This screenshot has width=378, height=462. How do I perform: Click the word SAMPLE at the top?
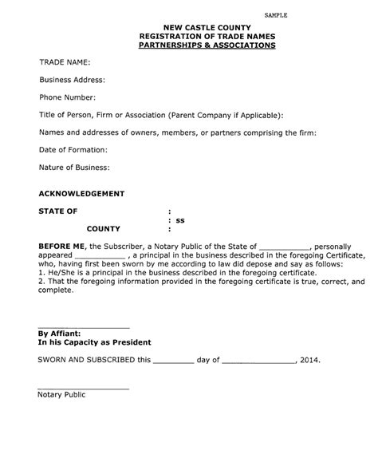(276, 15)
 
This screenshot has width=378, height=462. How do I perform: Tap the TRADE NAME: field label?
(65, 61)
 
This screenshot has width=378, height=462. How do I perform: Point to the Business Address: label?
(72, 80)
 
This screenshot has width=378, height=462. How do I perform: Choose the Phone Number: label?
(68, 97)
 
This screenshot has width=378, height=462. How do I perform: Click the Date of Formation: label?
(73, 150)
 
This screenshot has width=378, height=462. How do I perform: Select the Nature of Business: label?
(74, 168)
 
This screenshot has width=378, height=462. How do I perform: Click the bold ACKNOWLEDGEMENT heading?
(81, 194)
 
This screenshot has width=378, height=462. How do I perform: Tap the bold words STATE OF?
(58, 211)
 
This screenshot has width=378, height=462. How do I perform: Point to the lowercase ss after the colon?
(180, 219)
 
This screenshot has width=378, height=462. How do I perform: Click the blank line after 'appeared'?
(104, 258)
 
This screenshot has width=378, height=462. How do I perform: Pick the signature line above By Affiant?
(84, 328)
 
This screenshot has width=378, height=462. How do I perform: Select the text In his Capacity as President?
(95, 342)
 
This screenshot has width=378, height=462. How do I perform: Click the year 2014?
(309, 360)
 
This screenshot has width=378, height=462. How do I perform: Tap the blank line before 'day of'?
(172, 362)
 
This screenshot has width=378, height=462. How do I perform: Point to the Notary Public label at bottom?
(61, 395)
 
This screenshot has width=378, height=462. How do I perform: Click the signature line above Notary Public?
(84, 388)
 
